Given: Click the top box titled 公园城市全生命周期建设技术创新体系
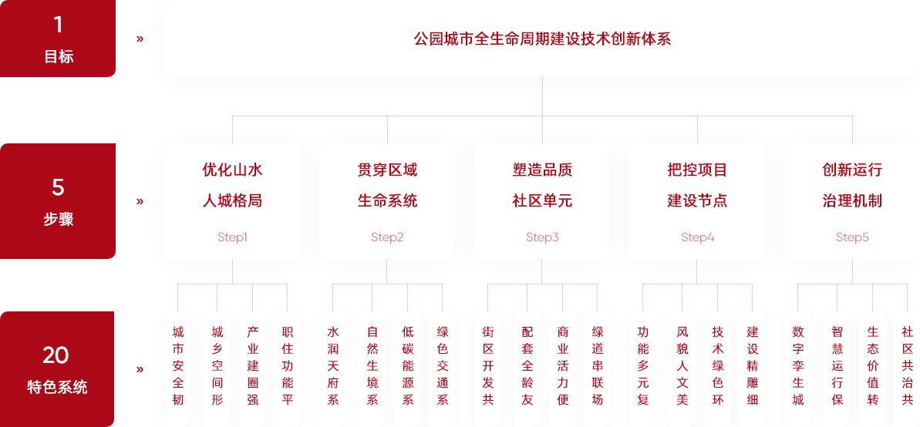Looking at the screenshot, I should point(542,39).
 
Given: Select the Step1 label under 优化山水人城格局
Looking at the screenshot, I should point(232,237).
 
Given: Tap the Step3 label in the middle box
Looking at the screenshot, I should point(542,237).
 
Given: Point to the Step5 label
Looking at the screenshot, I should point(852,237).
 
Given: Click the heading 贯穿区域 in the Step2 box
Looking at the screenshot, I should point(387,170).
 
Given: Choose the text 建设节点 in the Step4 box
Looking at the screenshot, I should point(697,201).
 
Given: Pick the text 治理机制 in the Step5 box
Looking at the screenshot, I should point(852,201).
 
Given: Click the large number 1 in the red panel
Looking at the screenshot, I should point(58,25).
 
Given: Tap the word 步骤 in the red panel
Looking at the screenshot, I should point(58,219).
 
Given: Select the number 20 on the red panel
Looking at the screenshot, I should point(56,355).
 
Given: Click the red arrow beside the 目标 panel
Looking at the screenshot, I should point(140,38).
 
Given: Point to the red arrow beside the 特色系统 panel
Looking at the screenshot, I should point(140,369).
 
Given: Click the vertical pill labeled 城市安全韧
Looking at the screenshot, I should point(178,366).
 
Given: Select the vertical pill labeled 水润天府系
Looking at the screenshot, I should point(333,366).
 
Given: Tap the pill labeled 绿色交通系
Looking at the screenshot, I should point(443,366).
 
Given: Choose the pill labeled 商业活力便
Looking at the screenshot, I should point(563,366).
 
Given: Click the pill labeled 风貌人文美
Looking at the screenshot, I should point(682,366).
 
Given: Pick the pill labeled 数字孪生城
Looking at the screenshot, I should point(798,366).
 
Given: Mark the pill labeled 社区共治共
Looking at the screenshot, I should point(907,366).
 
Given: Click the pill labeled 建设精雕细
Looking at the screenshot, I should point(753,366).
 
